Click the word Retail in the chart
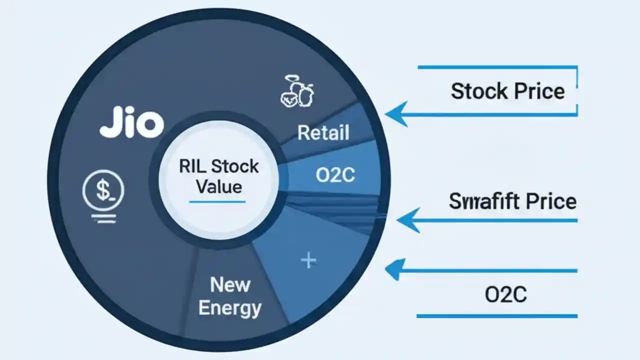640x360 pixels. click(x=323, y=133)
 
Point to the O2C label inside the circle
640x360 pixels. click(x=335, y=175)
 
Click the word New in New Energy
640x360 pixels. click(x=230, y=285)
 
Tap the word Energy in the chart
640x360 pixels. click(x=229, y=308)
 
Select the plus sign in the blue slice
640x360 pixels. click(x=308, y=260)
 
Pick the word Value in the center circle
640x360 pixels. click(x=219, y=187)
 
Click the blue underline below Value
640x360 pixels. click(x=217, y=201)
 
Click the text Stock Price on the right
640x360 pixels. click(x=507, y=91)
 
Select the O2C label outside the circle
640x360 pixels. click(x=505, y=295)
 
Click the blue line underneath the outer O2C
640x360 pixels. click(x=496, y=315)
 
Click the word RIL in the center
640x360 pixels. click(x=191, y=166)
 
